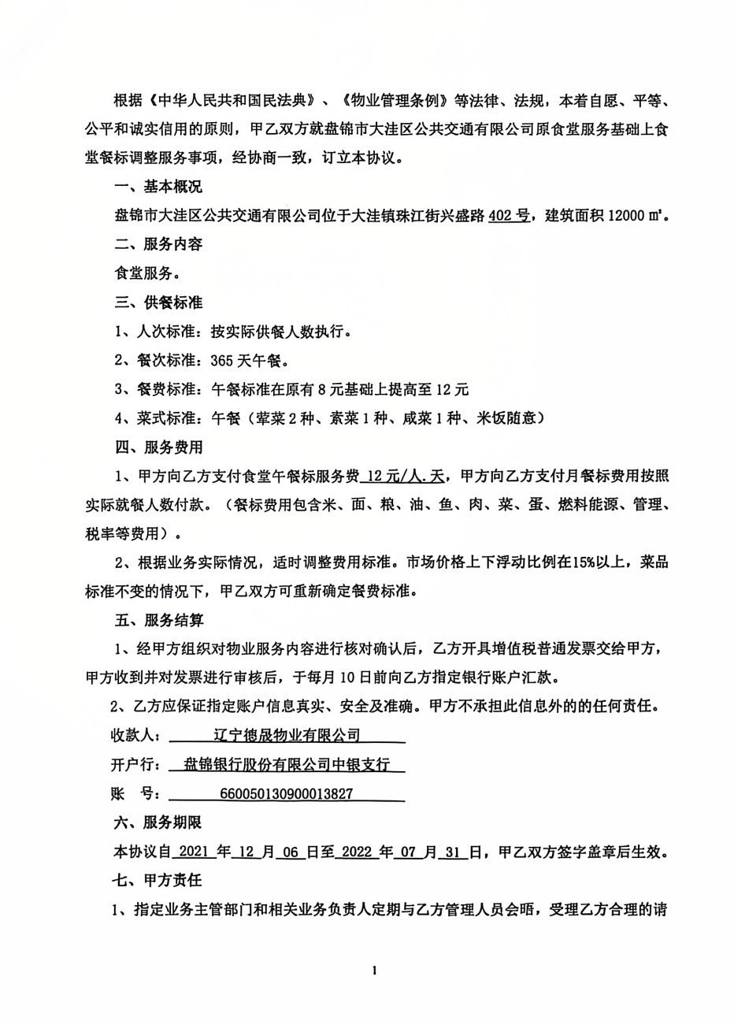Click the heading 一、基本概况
[158, 187]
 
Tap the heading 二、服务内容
[158, 244]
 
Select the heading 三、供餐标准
[158, 303]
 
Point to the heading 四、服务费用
[158, 447]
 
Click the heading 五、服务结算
[158, 621]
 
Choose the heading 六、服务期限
[158, 822]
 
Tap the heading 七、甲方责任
[158, 880]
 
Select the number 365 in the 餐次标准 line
[222, 361]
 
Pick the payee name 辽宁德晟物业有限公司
[287, 736]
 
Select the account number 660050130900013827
[288, 794]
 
